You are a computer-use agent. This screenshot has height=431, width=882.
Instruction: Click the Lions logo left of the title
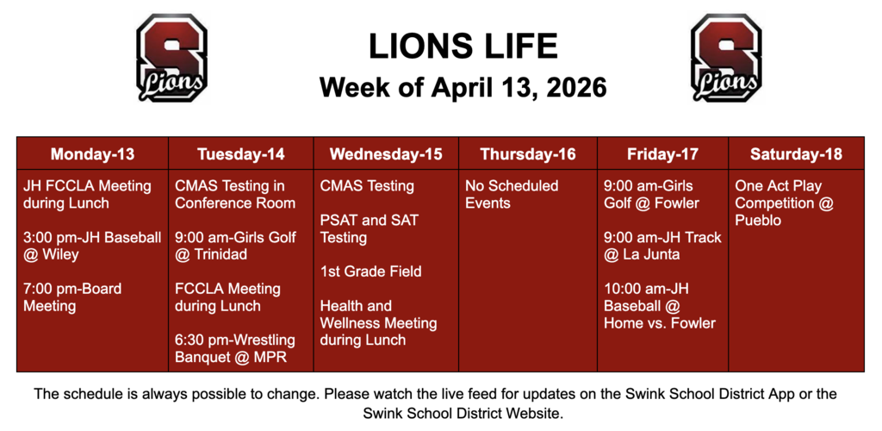pyautogui.click(x=171, y=58)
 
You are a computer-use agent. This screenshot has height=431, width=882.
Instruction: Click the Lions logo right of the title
pyautogui.click(x=726, y=58)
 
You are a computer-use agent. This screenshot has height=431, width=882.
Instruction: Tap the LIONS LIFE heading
pyautogui.click(x=463, y=47)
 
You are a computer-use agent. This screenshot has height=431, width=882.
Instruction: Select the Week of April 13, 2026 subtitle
pyautogui.click(x=463, y=87)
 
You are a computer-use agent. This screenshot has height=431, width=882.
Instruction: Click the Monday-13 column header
pyautogui.click(x=92, y=154)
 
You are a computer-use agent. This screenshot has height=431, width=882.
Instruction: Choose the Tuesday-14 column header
pyautogui.click(x=240, y=154)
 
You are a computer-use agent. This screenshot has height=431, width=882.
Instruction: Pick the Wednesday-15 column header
pyautogui.click(x=385, y=154)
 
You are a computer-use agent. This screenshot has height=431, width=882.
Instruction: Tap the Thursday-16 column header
pyautogui.click(x=528, y=154)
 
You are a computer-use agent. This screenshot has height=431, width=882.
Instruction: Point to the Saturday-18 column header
pyautogui.click(x=796, y=154)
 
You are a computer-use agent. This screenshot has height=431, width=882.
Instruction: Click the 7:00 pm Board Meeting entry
pyautogui.click(x=72, y=297)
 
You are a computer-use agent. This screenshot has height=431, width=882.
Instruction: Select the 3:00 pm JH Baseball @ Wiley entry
pyautogui.click(x=91, y=246)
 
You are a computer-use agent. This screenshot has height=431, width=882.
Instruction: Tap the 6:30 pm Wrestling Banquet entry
pyautogui.click(x=234, y=348)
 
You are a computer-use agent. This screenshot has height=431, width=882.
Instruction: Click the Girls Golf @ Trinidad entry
pyautogui.click(x=235, y=246)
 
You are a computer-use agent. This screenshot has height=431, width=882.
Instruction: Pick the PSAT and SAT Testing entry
pyautogui.click(x=369, y=228)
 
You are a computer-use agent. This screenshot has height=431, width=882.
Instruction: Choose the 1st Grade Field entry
pyautogui.click(x=370, y=272)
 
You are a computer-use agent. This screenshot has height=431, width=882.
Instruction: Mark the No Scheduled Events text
pyautogui.click(x=512, y=194)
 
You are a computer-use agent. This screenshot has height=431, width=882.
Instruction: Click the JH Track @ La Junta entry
pyautogui.click(x=661, y=246)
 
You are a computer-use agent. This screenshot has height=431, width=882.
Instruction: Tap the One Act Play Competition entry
pyautogui.click(x=784, y=203)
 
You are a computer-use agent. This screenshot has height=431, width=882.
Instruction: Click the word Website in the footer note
pyautogui.click(x=531, y=414)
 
